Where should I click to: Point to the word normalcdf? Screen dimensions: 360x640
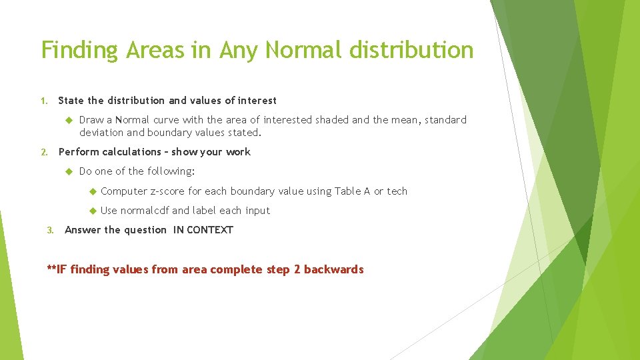click(x=144, y=211)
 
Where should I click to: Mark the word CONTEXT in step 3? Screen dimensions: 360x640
click(x=210, y=230)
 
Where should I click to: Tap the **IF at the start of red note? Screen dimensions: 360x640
click(x=57, y=269)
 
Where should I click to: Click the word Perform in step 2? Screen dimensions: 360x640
click(x=79, y=152)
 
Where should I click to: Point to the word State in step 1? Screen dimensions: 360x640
click(x=71, y=101)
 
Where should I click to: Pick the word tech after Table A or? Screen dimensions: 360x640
click(x=397, y=191)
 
